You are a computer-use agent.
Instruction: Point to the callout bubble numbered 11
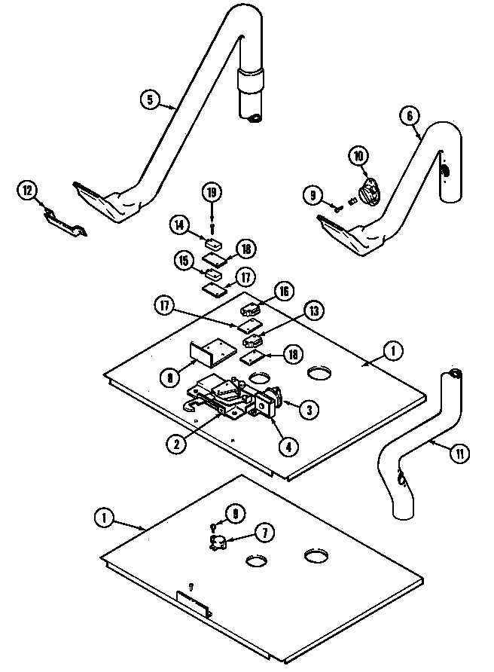coord(458,453)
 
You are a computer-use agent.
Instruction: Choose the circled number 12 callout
coord(28,191)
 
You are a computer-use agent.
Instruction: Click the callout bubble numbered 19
coord(213,192)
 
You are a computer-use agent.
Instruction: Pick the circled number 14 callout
coord(180,224)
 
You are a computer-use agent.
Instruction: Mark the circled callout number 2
coord(176,444)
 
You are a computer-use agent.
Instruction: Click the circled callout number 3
coord(307,410)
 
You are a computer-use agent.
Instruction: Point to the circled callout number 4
coord(287,445)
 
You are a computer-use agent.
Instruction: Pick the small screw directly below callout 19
coord(213,224)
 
